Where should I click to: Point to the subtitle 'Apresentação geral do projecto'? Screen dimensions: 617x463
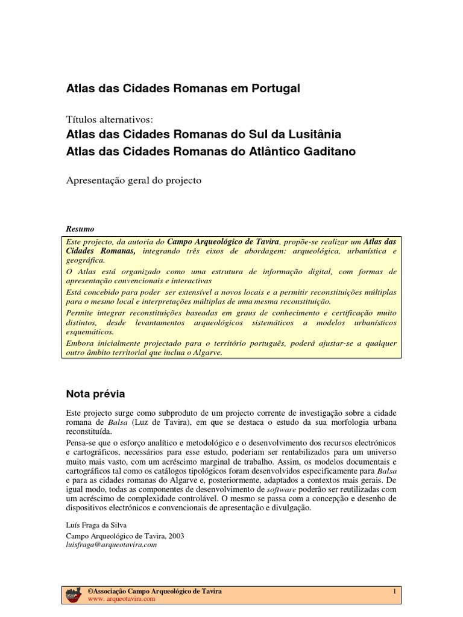point(133,180)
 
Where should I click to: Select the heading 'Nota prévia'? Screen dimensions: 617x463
point(95,394)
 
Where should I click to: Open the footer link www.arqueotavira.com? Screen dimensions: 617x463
point(118,600)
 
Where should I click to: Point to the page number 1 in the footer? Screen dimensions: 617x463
point(394,592)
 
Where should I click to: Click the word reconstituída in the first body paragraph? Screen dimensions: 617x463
point(88,432)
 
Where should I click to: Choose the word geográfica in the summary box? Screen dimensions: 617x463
point(86,261)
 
